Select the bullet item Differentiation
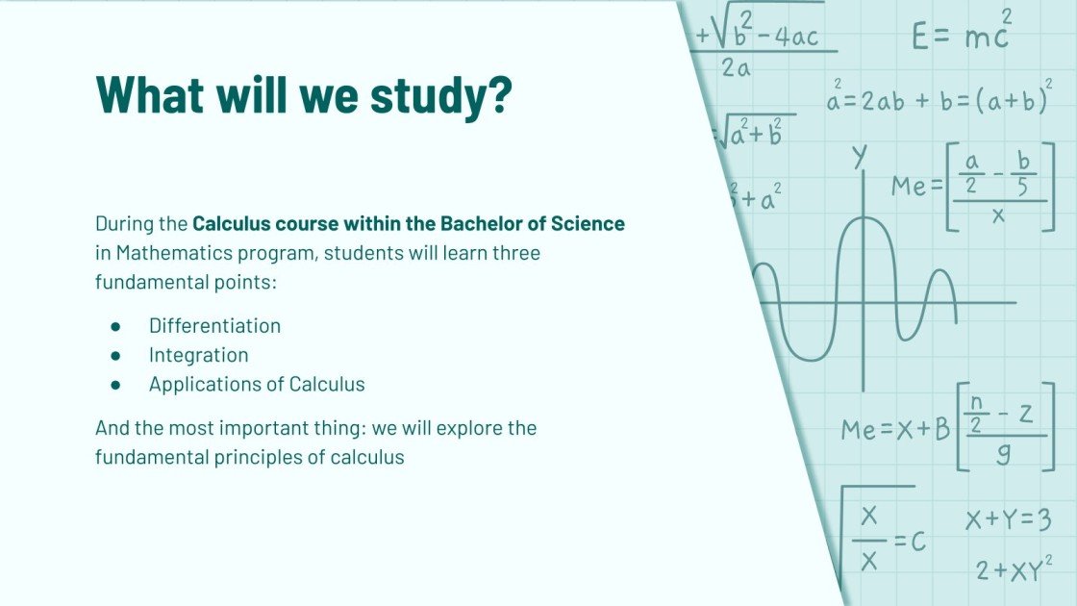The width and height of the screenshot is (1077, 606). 214,326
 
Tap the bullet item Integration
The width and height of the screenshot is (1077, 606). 198,355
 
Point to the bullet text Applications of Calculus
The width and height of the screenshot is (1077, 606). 257,384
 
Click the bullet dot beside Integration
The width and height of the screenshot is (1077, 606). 115,355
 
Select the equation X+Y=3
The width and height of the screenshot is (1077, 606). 1008,520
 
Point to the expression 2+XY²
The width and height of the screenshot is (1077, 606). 1008,569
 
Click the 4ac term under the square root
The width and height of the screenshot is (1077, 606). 791,37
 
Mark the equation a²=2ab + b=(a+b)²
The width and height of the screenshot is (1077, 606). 939,100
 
